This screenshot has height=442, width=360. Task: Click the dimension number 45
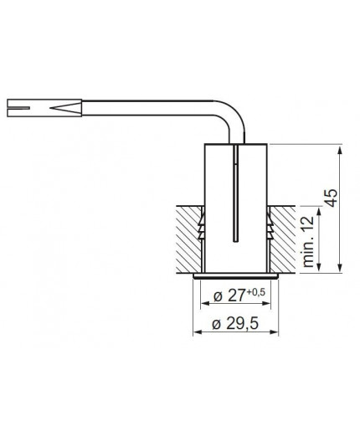(x=331, y=198)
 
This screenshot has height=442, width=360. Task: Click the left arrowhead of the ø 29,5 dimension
(x=198, y=331)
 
